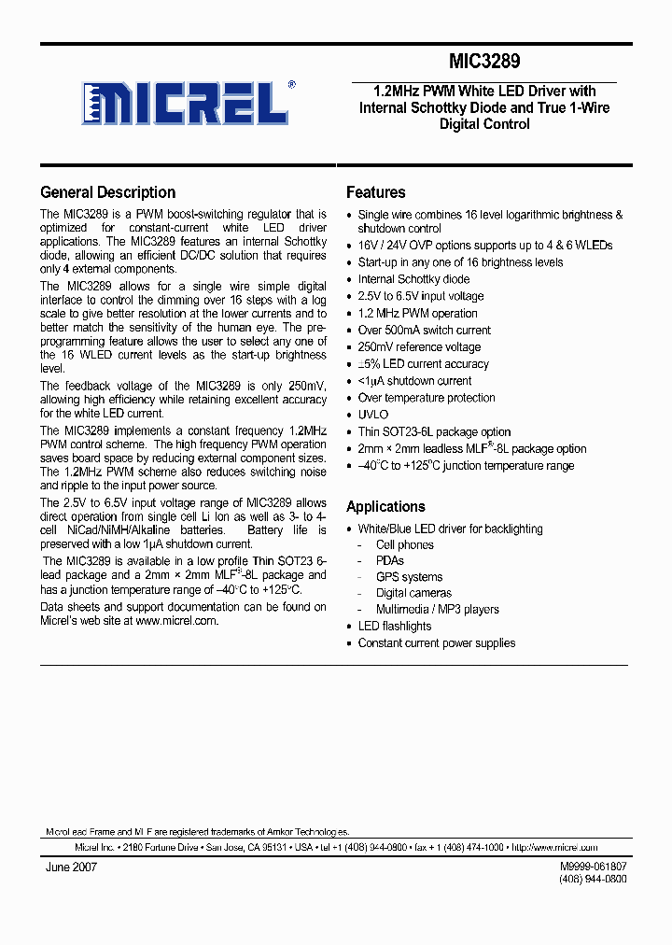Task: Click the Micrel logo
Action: coord(188,103)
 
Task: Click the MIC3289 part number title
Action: coord(484,62)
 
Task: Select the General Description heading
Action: coord(107,192)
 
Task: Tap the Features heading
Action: coord(375,192)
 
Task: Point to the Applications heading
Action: coord(385,506)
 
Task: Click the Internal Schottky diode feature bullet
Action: coord(413,279)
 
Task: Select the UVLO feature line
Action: coord(372,415)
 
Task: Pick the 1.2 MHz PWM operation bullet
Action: coord(417,313)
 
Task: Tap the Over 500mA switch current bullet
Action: coord(424,330)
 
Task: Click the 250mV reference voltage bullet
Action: coord(419,346)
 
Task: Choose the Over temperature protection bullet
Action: coord(427,398)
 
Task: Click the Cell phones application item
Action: coord(404,544)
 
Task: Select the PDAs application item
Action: coord(390,560)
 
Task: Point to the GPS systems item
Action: coord(409,577)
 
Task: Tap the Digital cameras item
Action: coord(413,593)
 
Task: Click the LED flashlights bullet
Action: coord(394,626)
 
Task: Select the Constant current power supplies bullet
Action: coord(436,642)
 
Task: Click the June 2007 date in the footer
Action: coord(71,867)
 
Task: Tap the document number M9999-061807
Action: coord(594,867)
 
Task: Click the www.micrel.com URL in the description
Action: coord(176,621)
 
